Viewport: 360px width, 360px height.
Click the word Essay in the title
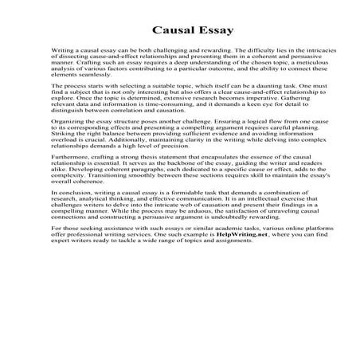point(209,31)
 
